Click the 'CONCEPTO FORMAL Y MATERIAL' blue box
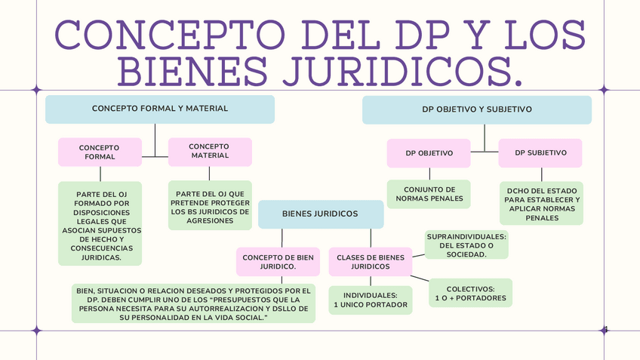pyautogui.click(x=159, y=109)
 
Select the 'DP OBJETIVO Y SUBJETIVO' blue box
pyautogui.click(x=476, y=110)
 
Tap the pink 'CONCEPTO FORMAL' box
pyautogui.click(x=100, y=152)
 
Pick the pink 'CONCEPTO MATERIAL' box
pyautogui.click(x=209, y=151)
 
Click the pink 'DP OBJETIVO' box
pyautogui.click(x=429, y=153)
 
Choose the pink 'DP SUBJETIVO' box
pyautogui.click(x=540, y=153)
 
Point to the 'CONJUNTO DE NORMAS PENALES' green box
pyautogui.click(x=429, y=194)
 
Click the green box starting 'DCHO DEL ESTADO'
pyautogui.click(x=541, y=202)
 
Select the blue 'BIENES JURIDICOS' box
pyautogui.click(x=320, y=214)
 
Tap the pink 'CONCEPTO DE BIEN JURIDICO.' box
pyautogui.click(x=278, y=262)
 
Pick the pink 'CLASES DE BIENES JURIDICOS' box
pyautogui.click(x=371, y=262)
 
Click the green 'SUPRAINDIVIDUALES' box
pyautogui.click(x=466, y=245)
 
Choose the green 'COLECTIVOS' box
pyautogui.click(x=470, y=293)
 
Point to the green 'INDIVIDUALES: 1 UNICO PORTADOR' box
pyautogui.click(x=371, y=300)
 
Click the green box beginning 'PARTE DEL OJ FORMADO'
pyautogui.click(x=100, y=223)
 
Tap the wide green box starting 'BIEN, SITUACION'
pyautogui.click(x=194, y=303)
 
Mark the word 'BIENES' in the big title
pyautogui.click(x=196, y=69)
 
